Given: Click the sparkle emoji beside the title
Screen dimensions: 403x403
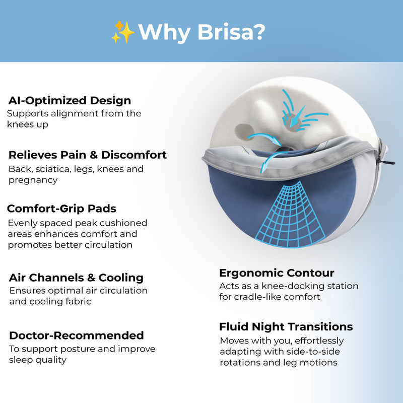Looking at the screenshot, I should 122,32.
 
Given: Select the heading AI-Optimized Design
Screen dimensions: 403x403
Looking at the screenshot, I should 70,100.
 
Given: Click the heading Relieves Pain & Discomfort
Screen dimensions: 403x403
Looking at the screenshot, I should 88,155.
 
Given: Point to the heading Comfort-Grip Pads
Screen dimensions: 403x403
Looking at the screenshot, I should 61,209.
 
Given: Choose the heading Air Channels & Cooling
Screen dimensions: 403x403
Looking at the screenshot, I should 76,278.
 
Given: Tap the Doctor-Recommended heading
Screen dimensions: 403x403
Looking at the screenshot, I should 77,335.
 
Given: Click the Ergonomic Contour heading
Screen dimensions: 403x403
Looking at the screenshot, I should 277,273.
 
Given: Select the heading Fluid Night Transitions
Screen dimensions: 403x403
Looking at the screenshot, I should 286,327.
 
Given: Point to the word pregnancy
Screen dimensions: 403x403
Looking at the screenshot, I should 33,180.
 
